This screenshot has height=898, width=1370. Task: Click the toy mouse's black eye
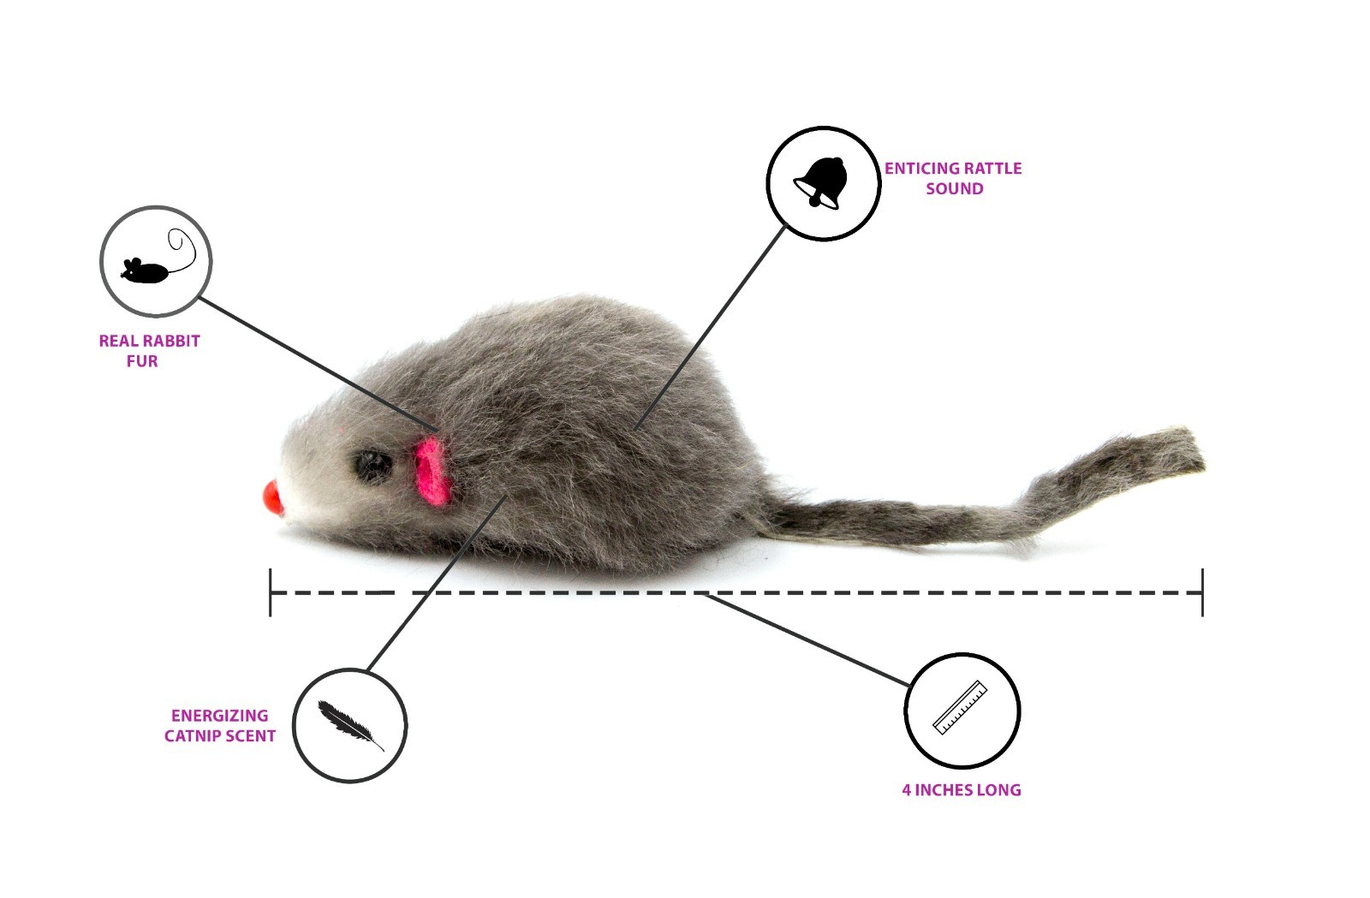[373, 466]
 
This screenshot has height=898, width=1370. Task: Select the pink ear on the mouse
[433, 473]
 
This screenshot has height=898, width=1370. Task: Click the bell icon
[823, 183]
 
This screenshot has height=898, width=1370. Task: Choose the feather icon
[349, 725]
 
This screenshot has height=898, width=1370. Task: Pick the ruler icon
[961, 708]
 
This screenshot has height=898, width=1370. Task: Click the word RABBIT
[171, 341]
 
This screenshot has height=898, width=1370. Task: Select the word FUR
[142, 361]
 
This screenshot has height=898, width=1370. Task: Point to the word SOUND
[954, 189]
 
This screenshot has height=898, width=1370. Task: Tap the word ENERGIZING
[219, 716]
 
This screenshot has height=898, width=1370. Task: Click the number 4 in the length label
[907, 790]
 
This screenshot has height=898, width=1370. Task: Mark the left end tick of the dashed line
[271, 592]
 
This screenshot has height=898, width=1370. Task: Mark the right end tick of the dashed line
[1202, 592]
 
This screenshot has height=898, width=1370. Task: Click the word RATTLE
[994, 169]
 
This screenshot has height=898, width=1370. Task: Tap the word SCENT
[249, 736]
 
